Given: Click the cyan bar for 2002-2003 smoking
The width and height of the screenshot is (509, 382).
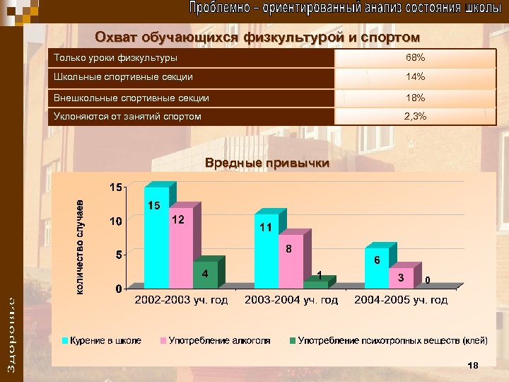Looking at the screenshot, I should pos(156,237).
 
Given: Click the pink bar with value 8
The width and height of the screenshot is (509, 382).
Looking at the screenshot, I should pos(291,262).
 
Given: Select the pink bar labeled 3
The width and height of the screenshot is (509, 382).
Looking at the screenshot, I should pos(401,277).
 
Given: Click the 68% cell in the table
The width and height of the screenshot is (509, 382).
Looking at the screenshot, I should pos(414,57).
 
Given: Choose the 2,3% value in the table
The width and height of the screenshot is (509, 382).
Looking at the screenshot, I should pos(414,116).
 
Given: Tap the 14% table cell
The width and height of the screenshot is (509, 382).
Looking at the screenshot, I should pos(414,76).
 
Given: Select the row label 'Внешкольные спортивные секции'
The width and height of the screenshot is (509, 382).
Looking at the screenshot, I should pos(131,98).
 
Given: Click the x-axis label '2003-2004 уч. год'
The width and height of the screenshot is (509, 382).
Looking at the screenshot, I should pos(291,300).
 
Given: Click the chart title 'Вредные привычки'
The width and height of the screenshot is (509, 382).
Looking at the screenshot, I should pos(267,163).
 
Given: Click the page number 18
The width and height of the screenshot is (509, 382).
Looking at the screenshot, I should pos(473,365).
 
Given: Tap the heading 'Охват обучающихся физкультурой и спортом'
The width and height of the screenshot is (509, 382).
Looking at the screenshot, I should pos(257,37).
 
